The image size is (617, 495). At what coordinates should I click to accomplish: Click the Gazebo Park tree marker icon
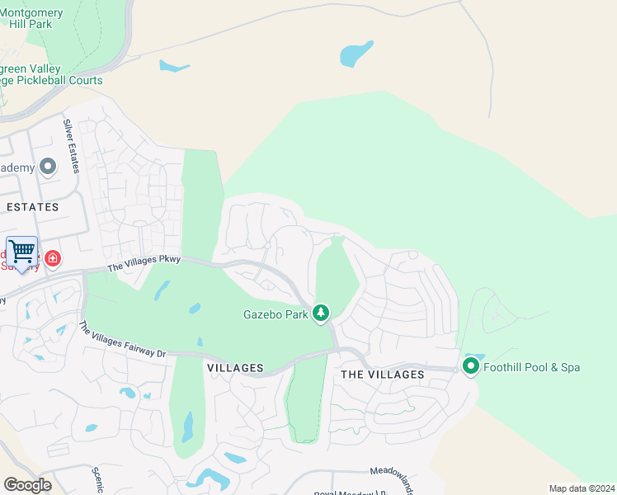320,313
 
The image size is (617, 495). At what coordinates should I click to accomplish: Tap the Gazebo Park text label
275,314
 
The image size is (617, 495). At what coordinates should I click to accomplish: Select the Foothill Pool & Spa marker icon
471,366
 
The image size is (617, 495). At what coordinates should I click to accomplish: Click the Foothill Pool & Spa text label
531,367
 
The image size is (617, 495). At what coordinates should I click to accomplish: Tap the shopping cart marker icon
21,251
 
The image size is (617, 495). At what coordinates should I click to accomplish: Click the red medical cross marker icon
53,259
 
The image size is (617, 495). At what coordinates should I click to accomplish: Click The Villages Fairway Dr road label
122,340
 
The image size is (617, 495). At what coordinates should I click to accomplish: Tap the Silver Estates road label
71,146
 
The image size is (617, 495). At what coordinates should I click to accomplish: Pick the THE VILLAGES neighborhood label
382,375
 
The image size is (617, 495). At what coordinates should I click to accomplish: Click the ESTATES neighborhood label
32,207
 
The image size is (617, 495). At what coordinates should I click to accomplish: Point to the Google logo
27,484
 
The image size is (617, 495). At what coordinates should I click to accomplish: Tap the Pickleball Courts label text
51,80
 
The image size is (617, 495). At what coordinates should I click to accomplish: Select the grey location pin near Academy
48,167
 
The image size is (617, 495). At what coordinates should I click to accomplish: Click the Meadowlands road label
391,477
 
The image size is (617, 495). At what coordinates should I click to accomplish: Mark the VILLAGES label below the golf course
235,368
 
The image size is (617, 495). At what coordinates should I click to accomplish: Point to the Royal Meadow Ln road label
350,493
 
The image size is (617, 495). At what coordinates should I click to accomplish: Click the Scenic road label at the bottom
97,478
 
